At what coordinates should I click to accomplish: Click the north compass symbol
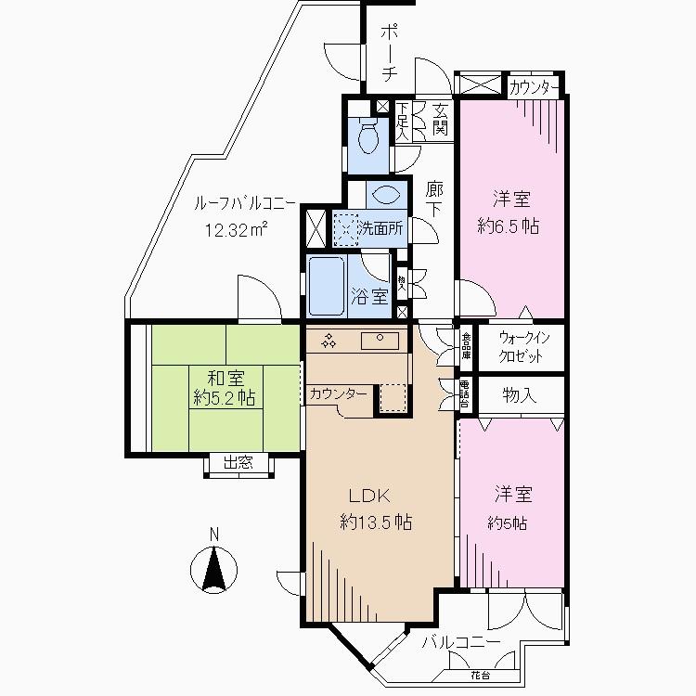214,567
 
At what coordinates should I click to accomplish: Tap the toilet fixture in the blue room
369,136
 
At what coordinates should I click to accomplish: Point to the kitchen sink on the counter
380,341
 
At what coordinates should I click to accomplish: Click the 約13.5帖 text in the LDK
376,522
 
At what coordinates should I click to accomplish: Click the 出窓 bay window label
238,463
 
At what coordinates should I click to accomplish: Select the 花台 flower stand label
479,674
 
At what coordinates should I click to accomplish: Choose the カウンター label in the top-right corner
535,88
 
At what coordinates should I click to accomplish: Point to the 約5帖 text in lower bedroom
508,523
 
